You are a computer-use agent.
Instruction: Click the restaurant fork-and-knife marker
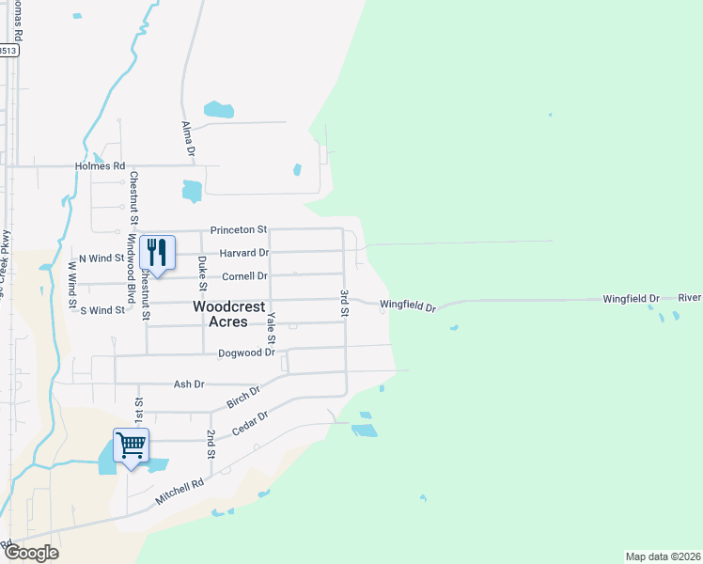pos(157,252)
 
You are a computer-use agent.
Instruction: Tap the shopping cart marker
pos(131,446)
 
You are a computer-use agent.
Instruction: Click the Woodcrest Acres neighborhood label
pos(221,314)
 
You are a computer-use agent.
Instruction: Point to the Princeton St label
pos(239,229)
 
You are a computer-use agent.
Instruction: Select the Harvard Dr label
pos(244,253)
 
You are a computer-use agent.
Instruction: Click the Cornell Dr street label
pos(244,276)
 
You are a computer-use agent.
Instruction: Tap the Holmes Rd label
pos(101,166)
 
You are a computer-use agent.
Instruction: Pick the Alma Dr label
pos(188,137)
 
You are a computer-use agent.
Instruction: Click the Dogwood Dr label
pos(246,353)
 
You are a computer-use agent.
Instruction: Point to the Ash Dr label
pos(189,384)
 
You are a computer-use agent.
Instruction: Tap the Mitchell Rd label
pos(180,491)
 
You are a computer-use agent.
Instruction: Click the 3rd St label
pos(345,304)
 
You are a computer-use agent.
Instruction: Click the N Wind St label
pos(102,258)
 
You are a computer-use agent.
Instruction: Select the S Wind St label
pos(102,309)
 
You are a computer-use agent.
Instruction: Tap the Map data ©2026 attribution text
pos(663,556)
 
